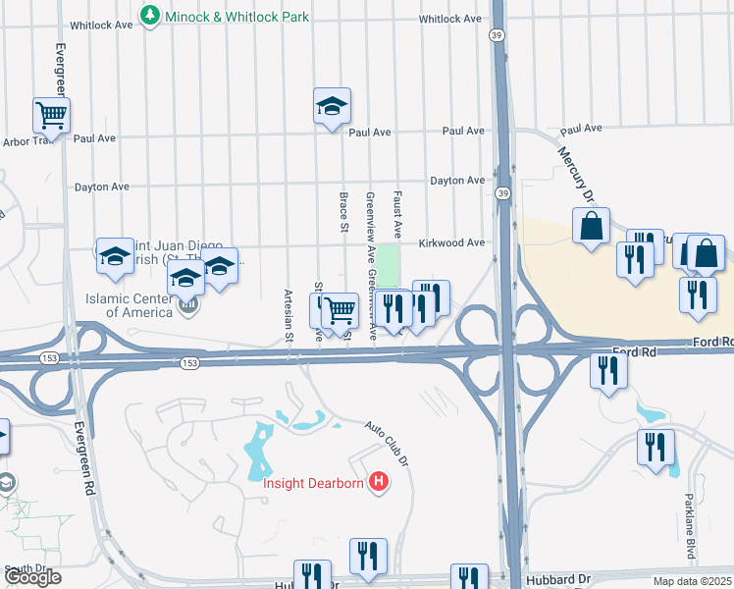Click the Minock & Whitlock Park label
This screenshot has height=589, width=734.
point(236,16)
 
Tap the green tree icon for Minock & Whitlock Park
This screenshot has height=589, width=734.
point(149,15)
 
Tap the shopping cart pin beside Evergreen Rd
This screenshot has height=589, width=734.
point(50,115)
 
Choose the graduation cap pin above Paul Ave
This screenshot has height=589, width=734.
point(333,106)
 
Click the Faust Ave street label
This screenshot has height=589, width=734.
point(398,215)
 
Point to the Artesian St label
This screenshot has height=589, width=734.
point(288,314)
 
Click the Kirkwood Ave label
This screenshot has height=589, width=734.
point(451,242)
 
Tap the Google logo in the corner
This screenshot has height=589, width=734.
point(32,578)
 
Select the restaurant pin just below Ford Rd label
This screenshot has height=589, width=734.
point(608,370)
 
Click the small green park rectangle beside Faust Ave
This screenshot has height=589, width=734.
point(390,264)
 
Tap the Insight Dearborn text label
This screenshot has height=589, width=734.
point(312,481)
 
